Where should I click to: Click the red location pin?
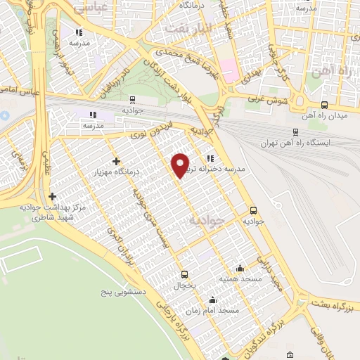(x=181, y=165)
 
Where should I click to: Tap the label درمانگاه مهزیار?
(x=117, y=171)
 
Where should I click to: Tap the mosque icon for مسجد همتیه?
(x=240, y=268)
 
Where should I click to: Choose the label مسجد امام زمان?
(x=213, y=310)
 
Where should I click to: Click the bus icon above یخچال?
(x=185, y=275)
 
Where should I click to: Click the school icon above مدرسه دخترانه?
(x=210, y=157)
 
